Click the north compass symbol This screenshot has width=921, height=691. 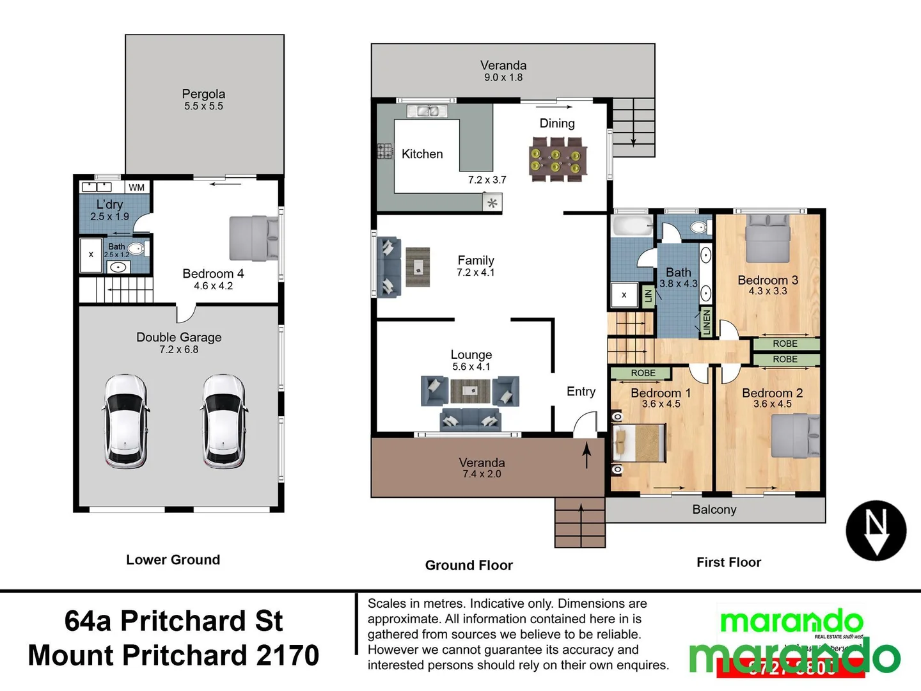[x=876, y=530]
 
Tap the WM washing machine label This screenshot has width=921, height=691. [x=136, y=187]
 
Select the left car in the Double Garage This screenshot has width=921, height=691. [x=126, y=420]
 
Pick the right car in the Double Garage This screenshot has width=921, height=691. [x=224, y=420]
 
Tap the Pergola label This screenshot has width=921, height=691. [x=203, y=94]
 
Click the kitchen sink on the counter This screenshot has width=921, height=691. [x=428, y=111]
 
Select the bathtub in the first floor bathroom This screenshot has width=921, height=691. [x=632, y=226]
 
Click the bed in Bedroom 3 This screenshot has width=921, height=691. [x=768, y=238]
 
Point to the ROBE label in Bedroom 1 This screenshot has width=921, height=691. [x=643, y=373]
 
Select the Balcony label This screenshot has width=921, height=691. [x=714, y=509]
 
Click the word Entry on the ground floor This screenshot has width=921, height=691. [x=581, y=392]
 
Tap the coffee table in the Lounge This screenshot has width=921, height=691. [x=470, y=390]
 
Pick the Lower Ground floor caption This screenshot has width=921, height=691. [x=173, y=560]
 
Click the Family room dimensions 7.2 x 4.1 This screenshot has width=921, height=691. [x=475, y=273]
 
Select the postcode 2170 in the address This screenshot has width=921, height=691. [x=287, y=655]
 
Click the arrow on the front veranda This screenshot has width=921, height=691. [x=586, y=456]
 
